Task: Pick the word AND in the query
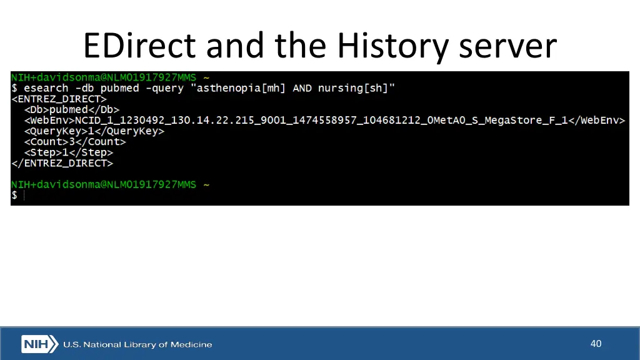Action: (302, 88)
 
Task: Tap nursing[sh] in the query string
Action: (355, 88)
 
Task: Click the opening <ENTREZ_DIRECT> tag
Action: (59, 99)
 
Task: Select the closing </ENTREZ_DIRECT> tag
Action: (62, 163)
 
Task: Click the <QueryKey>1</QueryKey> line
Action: (94, 131)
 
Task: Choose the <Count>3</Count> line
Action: (75, 142)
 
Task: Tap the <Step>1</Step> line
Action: (69, 152)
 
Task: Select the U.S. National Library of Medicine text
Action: (137, 344)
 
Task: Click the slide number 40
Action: (596, 343)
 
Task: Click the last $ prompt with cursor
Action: (14, 196)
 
